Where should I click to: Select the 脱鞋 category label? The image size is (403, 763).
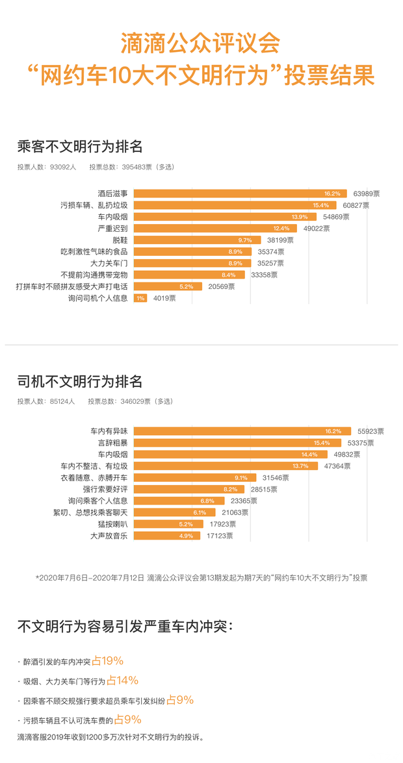[120, 240]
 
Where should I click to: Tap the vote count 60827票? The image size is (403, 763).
[356, 205]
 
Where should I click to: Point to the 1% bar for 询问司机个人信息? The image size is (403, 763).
[140, 299]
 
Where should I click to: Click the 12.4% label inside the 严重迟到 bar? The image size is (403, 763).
[281, 229]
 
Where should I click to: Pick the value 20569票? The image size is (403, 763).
[222, 287]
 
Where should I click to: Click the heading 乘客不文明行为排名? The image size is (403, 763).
[79, 146]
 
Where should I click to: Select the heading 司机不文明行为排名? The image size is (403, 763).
[79, 381]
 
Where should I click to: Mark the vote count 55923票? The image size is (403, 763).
[369, 431]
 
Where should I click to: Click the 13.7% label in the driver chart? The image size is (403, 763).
[301, 466]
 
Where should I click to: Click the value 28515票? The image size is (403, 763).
[263, 490]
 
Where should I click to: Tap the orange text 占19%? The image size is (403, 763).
[107, 661]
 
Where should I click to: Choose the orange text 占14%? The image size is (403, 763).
[122, 681]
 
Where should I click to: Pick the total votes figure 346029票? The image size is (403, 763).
[138, 401]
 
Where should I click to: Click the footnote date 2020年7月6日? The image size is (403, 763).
[64, 577]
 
